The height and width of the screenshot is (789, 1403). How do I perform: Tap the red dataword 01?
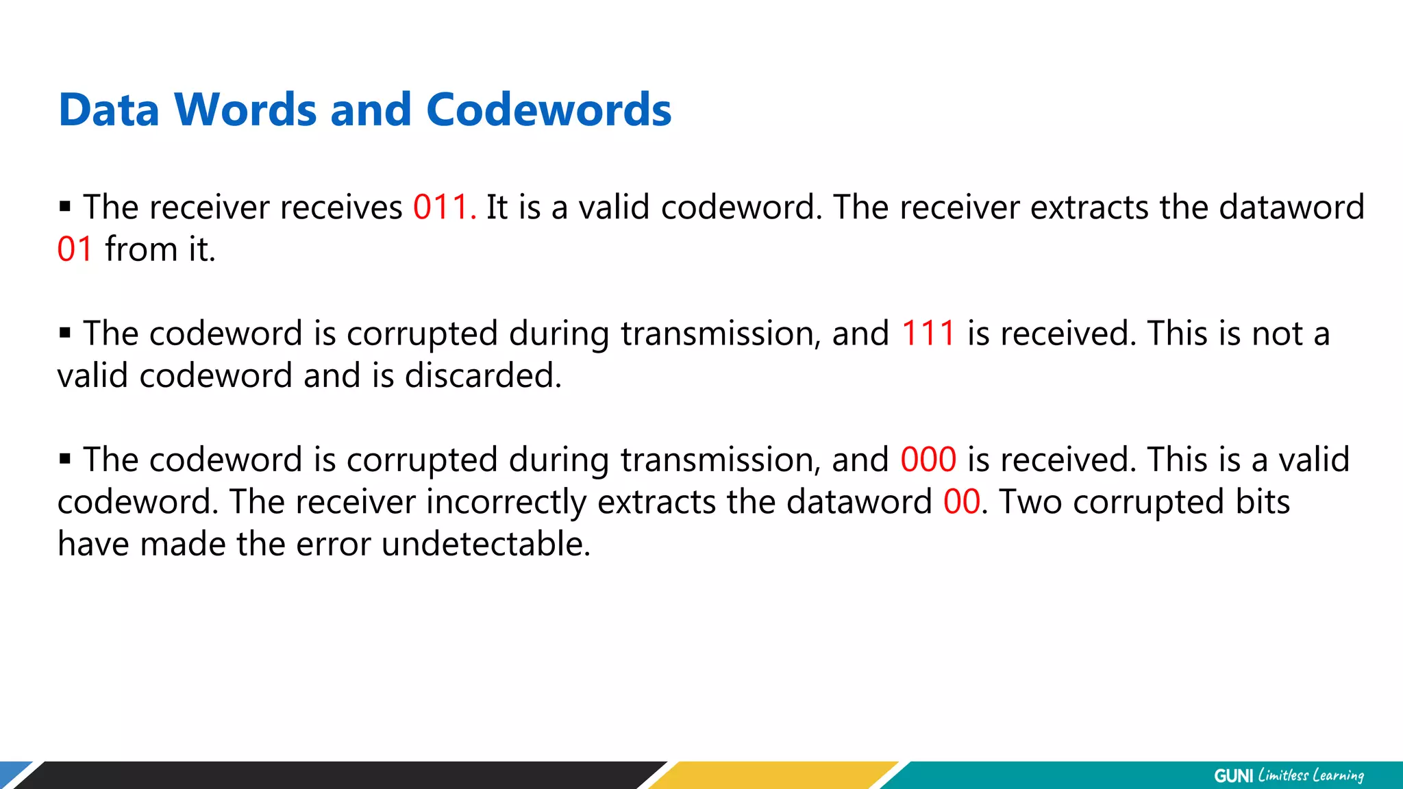(x=75, y=249)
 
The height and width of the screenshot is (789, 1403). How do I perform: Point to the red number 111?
(x=928, y=334)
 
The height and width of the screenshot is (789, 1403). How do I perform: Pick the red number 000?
(x=928, y=460)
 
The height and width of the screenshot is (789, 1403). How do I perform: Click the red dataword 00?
(x=962, y=502)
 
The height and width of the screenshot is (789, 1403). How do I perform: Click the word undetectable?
(x=485, y=544)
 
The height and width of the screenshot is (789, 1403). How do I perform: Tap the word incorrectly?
(x=506, y=502)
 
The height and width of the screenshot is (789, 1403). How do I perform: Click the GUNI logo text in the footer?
(x=1233, y=776)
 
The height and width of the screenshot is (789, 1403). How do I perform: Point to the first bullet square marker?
(x=65, y=206)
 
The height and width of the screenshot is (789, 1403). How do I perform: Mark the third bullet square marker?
(x=65, y=458)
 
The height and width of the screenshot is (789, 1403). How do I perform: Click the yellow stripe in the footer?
(x=774, y=775)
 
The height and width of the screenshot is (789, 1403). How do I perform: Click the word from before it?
(x=141, y=249)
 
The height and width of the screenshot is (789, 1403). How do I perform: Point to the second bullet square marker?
(x=65, y=333)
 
